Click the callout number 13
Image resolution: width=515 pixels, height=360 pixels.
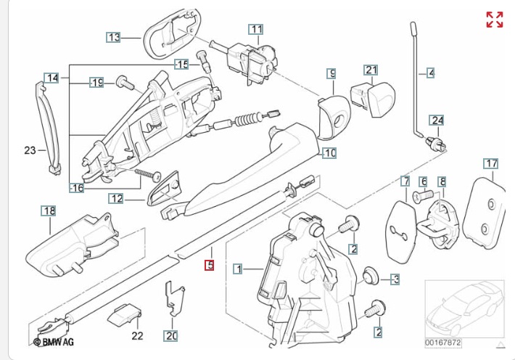tap(114, 37)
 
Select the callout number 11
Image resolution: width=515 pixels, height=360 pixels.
tap(256, 30)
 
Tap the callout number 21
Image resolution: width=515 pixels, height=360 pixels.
tap(371, 70)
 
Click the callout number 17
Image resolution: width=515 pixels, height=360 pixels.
tap(491, 163)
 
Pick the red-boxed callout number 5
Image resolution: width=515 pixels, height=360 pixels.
tap(210, 266)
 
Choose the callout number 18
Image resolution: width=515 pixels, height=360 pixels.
tap(49, 211)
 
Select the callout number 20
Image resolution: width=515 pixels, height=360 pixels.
tap(170, 336)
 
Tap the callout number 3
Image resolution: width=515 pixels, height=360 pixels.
tap(395, 279)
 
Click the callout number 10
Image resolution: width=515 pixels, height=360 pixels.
tap(329, 153)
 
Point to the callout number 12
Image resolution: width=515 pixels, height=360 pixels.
tap(117, 198)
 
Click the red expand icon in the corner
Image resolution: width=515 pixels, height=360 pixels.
tap(495, 20)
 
